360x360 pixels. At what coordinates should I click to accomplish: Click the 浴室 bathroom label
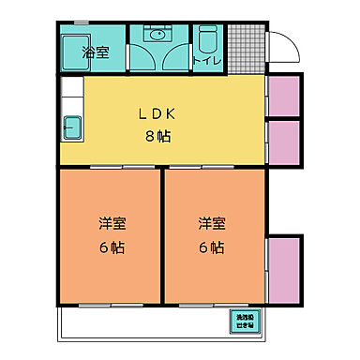[x=96, y=52]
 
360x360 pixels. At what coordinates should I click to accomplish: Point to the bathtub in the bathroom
[x=74, y=48]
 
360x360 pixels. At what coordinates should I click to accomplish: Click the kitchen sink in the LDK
[x=71, y=125]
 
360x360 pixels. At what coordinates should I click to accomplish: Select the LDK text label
[x=157, y=115]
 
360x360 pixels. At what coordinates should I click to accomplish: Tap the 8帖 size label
[x=157, y=136]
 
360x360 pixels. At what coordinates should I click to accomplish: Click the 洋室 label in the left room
[x=112, y=224]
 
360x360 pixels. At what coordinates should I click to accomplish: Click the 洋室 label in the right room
[x=211, y=224]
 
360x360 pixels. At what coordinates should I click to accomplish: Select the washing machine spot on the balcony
[x=243, y=321]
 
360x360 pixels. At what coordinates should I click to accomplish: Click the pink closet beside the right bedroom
[x=284, y=272]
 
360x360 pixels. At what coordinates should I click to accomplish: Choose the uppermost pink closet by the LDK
[x=283, y=96]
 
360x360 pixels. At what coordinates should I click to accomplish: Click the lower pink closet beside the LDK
[x=283, y=142]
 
